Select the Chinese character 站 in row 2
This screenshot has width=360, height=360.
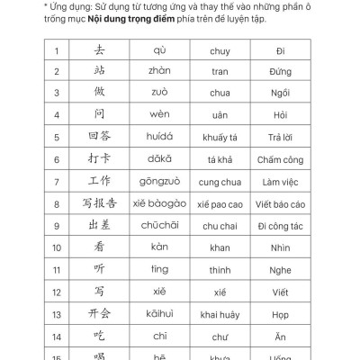[100, 73]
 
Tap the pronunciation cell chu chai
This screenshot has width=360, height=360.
[220, 225]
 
